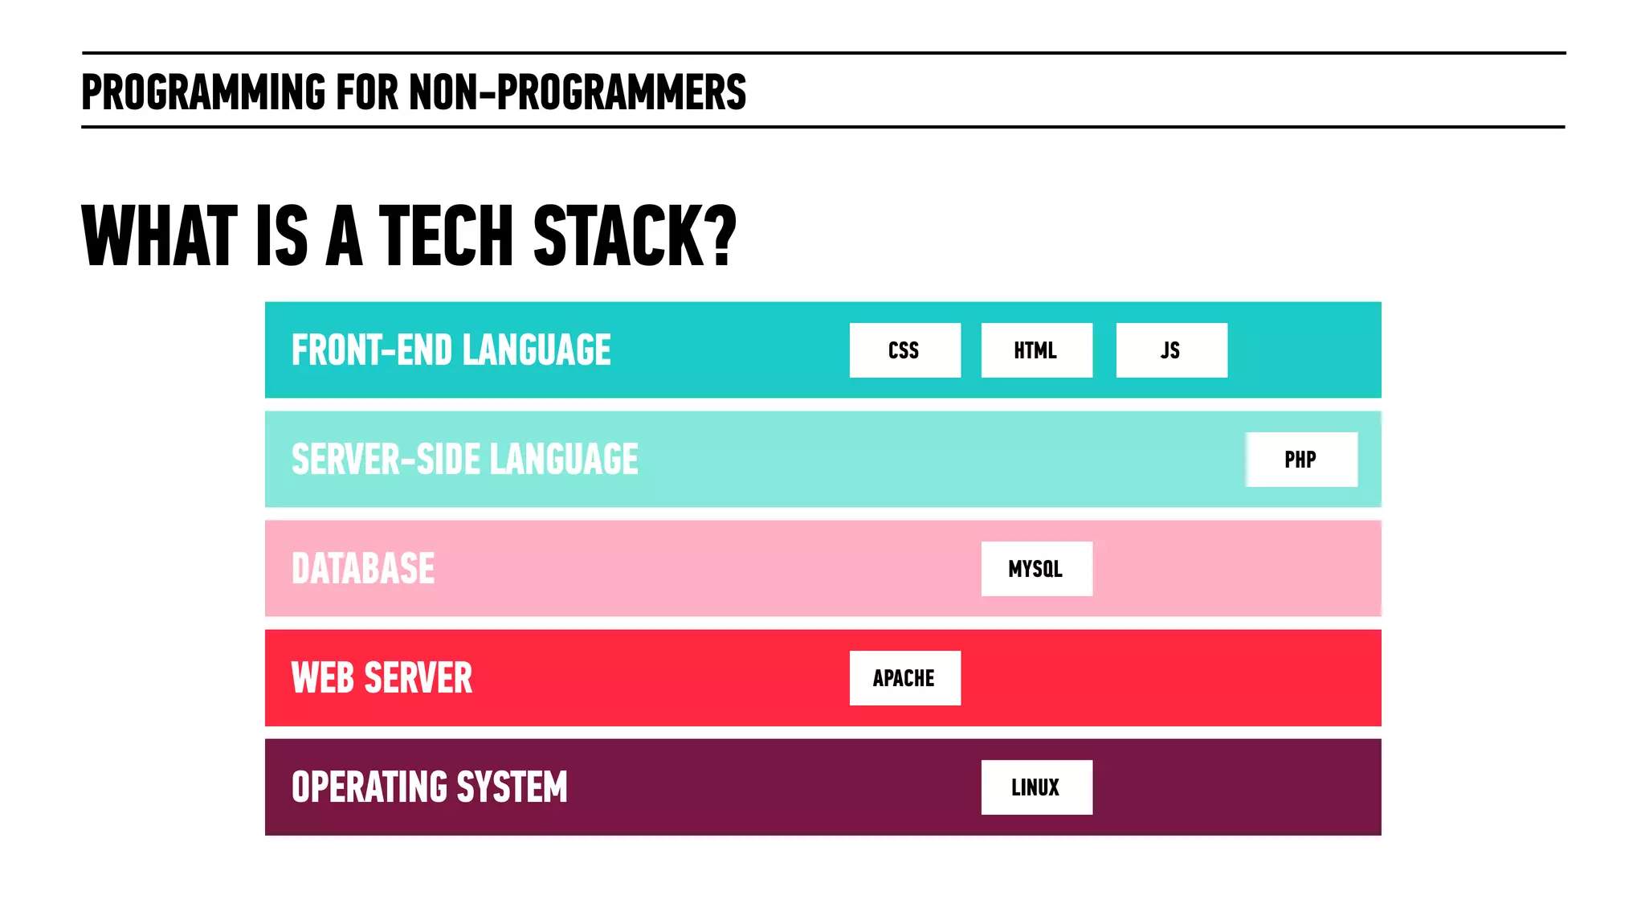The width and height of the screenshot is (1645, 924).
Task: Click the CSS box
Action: point(904,350)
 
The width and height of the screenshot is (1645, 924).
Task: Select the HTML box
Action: point(1036,350)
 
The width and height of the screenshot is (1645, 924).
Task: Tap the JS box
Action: point(1171,350)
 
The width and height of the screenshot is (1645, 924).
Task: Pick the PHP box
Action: point(1301,460)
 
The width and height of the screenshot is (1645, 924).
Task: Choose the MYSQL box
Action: point(1036,569)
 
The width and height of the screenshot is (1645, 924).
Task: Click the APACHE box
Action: point(904,678)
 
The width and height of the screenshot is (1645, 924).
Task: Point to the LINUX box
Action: point(1036,787)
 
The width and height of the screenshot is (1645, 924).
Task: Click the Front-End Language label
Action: point(451,350)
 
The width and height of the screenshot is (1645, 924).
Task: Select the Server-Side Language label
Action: point(464,460)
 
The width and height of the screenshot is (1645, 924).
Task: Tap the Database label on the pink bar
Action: point(363,569)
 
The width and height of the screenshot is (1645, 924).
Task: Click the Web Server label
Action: point(382,678)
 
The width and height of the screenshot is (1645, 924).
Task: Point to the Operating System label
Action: point(429,787)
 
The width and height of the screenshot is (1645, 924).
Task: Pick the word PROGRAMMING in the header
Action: point(203,92)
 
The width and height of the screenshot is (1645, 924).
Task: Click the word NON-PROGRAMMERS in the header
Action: point(578,92)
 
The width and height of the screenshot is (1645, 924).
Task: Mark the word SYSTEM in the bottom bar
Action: point(512,787)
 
